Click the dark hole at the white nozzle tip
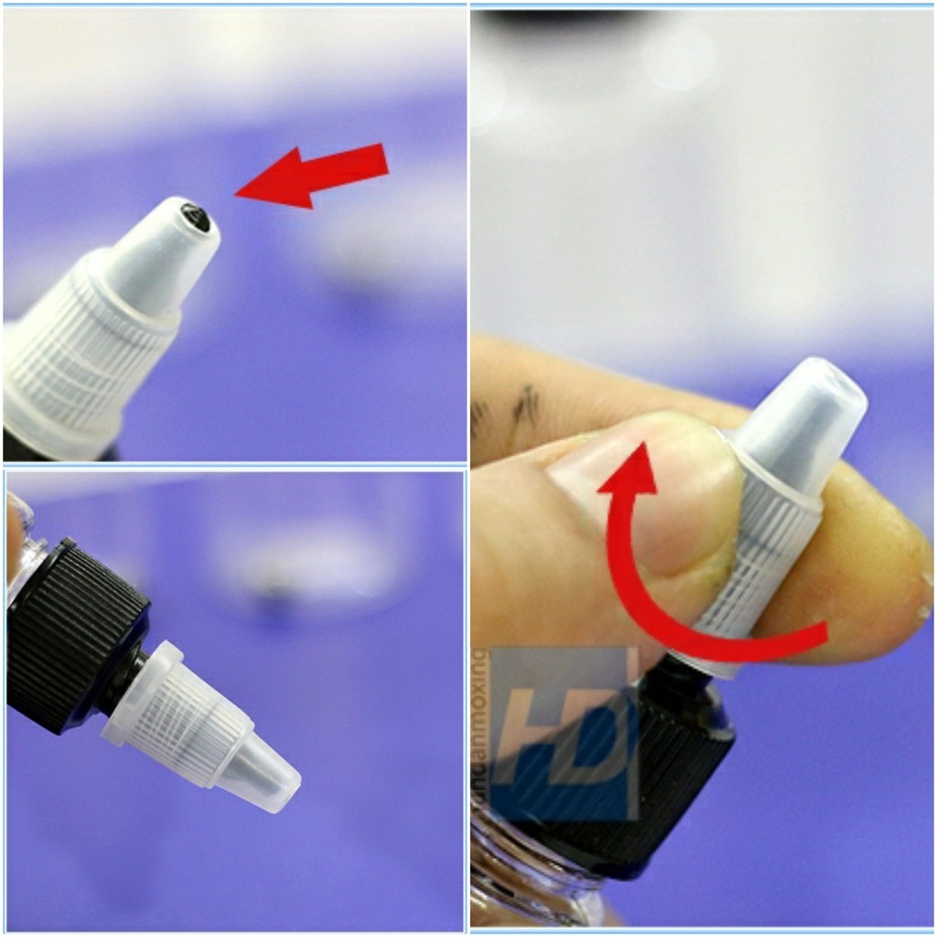(x=195, y=217)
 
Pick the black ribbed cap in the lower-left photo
(x=73, y=631)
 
